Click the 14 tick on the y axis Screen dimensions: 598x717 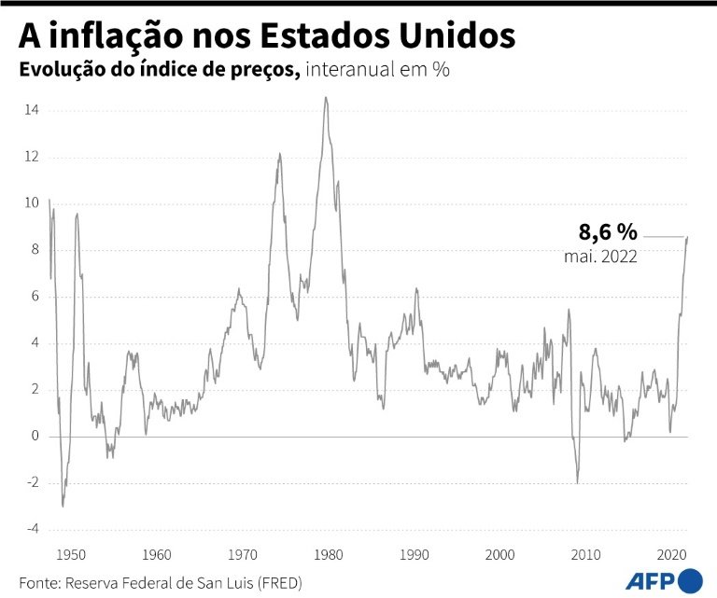click(x=32, y=110)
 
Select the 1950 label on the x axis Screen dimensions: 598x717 click(x=71, y=553)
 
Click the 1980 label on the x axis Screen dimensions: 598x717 click(x=328, y=553)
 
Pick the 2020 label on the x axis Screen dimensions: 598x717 click(x=670, y=553)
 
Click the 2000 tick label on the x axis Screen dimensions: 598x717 click(x=499, y=553)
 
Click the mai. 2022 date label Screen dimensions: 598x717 click(x=600, y=257)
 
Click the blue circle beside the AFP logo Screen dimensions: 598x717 click(x=692, y=579)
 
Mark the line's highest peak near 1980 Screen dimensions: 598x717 click(x=326, y=98)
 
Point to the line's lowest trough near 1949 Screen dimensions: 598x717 click(x=63, y=506)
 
